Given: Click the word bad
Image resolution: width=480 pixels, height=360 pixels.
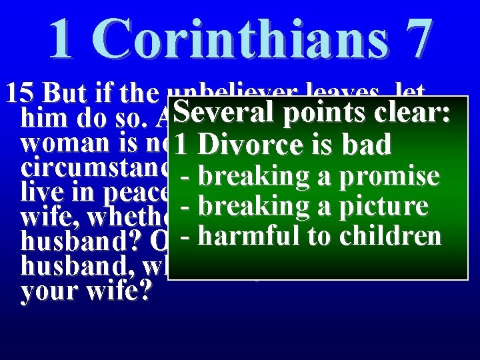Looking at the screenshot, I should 366,145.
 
